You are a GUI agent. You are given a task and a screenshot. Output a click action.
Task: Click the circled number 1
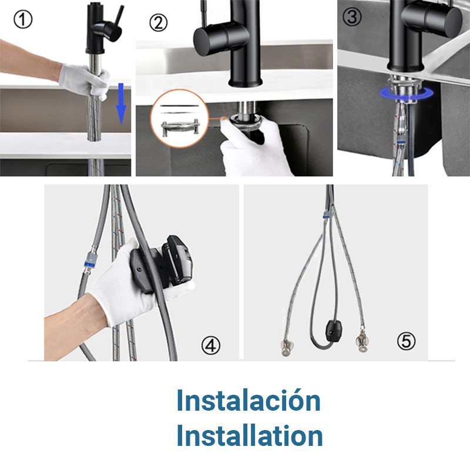pyautogui.click(x=23, y=20)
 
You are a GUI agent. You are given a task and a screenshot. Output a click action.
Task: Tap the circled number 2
pyautogui.click(x=158, y=23)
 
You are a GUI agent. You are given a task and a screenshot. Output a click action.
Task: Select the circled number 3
pyautogui.click(x=352, y=17)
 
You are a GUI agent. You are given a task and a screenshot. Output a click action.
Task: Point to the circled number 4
pyautogui.click(x=211, y=345)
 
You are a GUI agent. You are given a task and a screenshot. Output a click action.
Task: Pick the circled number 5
pyautogui.click(x=406, y=341)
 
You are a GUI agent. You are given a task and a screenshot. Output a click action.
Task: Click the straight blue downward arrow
pyautogui.click(x=121, y=104)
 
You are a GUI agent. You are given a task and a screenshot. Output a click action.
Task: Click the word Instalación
pyautogui.click(x=249, y=401)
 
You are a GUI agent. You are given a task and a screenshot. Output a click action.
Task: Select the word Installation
pyautogui.click(x=249, y=435)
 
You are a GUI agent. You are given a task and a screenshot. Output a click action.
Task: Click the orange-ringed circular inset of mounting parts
pyautogui.click(x=180, y=119)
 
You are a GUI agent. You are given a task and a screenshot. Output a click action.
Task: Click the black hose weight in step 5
pyautogui.click(x=333, y=330)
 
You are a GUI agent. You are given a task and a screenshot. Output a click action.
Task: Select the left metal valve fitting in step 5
pyautogui.click(x=287, y=347)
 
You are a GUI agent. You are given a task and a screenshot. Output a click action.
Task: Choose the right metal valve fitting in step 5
pyautogui.click(x=362, y=343)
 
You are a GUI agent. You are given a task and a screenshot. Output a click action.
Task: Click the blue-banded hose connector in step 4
pyautogui.click(x=91, y=260)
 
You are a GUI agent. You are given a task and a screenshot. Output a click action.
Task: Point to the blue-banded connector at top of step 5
pyautogui.click(x=327, y=214)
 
